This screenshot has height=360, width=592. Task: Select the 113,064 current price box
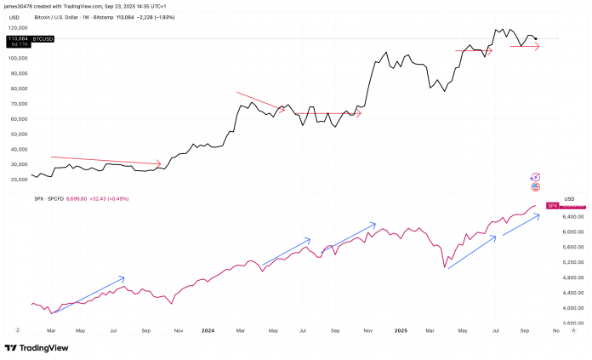[x=19, y=38]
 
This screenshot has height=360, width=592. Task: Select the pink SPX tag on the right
[x=551, y=206]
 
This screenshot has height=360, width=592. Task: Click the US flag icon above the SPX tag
[x=536, y=186]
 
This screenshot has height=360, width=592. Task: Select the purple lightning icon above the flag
[x=536, y=175]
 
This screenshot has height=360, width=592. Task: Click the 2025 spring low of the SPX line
[x=445, y=267]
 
